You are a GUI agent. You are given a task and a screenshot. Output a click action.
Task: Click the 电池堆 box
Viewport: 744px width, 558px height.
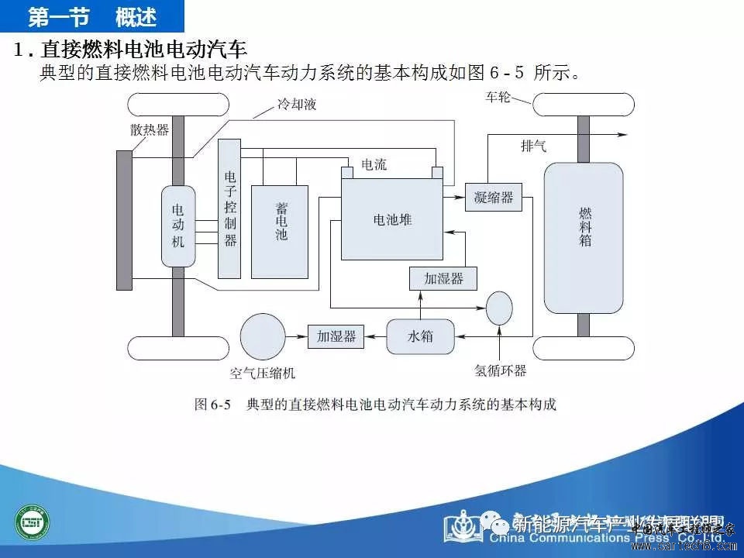(392, 219)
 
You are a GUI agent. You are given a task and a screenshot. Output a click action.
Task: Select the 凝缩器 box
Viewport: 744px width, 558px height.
(494, 197)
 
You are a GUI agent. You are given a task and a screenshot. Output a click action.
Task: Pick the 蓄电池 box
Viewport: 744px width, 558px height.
(279, 231)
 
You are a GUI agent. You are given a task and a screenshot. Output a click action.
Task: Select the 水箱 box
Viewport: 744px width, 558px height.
(420, 336)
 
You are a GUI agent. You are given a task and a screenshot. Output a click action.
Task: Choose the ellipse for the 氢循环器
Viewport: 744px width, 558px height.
(500, 308)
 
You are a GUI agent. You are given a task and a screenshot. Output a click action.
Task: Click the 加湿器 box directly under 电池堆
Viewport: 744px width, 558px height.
(443, 278)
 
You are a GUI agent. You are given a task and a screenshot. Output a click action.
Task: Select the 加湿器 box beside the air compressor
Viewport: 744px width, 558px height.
(336, 336)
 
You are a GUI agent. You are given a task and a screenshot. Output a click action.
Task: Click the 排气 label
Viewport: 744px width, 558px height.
(534, 145)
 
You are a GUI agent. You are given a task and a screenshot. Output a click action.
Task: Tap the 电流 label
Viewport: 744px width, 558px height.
(374, 165)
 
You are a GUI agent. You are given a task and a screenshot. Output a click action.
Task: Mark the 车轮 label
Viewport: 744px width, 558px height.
(498, 98)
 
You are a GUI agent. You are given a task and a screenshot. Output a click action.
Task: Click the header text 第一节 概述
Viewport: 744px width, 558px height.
(92, 15)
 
